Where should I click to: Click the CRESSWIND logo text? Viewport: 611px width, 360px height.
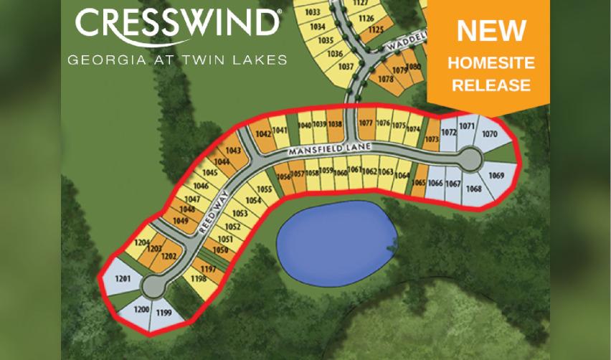(x=177, y=24)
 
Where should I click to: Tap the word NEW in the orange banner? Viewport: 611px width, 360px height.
(x=491, y=31)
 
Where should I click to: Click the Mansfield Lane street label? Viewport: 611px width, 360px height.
(x=329, y=149)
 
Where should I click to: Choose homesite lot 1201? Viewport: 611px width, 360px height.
(x=121, y=278)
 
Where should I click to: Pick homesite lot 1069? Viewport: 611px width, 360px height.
(x=496, y=176)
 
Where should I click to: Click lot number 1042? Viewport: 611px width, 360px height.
(x=262, y=134)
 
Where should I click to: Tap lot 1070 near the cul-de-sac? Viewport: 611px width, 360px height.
(x=490, y=134)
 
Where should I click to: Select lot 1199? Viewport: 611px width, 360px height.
(x=164, y=313)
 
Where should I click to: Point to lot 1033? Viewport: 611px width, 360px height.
(x=312, y=12)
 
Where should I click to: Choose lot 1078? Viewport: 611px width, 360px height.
(x=385, y=79)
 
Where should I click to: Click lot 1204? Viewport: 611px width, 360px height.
(x=141, y=242)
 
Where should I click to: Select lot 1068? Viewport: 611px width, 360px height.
(x=473, y=189)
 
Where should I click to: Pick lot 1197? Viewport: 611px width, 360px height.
(x=208, y=269)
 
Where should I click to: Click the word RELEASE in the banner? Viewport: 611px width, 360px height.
(x=491, y=85)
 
